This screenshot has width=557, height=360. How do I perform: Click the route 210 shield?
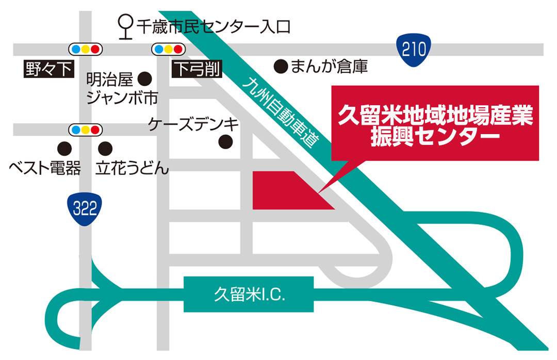tap(414, 50)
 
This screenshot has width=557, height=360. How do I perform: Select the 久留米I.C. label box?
tap(249, 294)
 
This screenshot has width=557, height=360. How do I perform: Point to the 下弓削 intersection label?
tap(196, 69)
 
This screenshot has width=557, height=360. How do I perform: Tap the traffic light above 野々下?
tap(86, 50)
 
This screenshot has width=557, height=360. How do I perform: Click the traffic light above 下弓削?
tap(168, 50)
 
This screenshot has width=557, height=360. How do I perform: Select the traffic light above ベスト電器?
tap(86, 128)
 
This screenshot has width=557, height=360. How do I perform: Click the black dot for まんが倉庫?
tap(280, 66)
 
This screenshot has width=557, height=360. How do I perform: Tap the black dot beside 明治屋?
tap(145, 79)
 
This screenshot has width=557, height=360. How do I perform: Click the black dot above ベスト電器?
tap(64, 149)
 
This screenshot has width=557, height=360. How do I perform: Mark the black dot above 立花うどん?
tap(105, 149)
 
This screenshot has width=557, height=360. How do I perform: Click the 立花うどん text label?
tap(133, 168)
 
